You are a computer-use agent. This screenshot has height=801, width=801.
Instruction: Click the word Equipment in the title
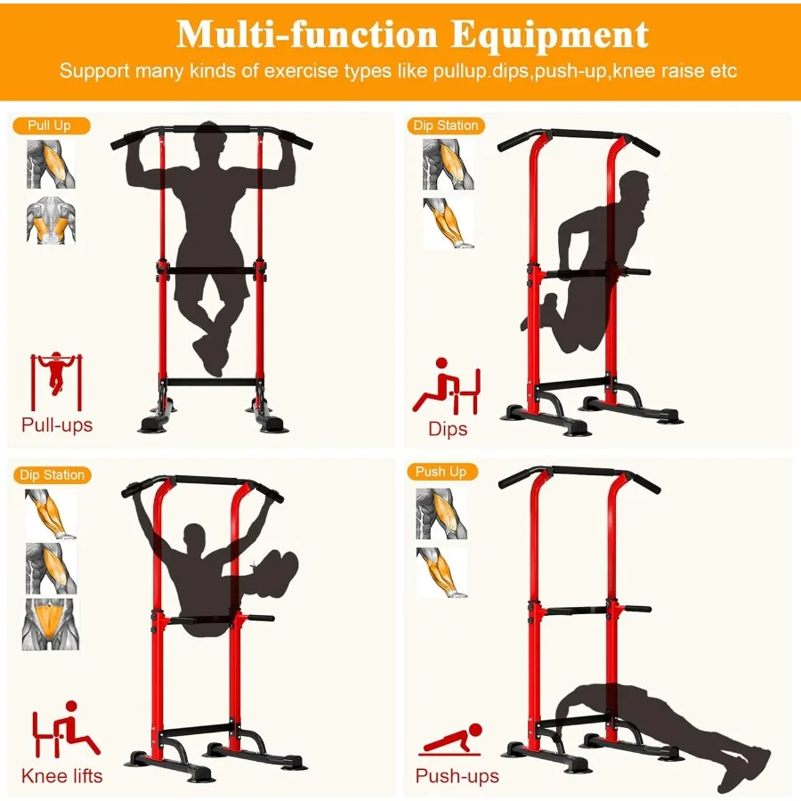(x=550, y=36)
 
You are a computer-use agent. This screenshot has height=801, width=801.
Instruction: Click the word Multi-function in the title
(x=306, y=35)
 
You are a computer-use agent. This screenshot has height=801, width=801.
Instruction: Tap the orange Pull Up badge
(x=51, y=125)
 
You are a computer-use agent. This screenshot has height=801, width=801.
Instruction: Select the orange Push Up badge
(x=442, y=472)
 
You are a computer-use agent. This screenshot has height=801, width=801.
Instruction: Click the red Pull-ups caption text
(x=57, y=425)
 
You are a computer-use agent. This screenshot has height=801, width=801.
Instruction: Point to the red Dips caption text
(x=448, y=429)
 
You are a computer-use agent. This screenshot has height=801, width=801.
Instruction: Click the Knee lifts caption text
(x=61, y=776)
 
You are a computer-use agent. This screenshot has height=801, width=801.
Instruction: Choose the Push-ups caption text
(x=457, y=776)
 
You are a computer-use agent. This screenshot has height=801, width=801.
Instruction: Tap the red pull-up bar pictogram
(x=56, y=381)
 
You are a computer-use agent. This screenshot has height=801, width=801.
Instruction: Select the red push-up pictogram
(x=450, y=740)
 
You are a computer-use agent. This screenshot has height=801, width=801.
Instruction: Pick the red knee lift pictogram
(x=65, y=730)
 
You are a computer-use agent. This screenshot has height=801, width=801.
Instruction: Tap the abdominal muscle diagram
(x=51, y=624)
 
